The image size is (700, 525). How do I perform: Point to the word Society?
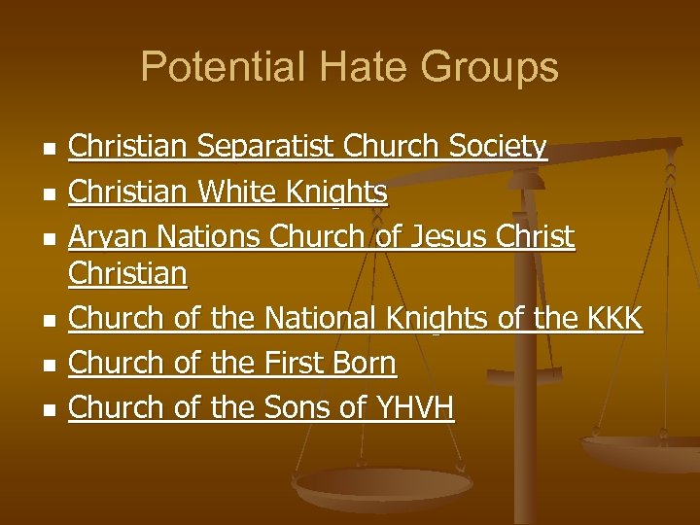[x=499, y=148]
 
